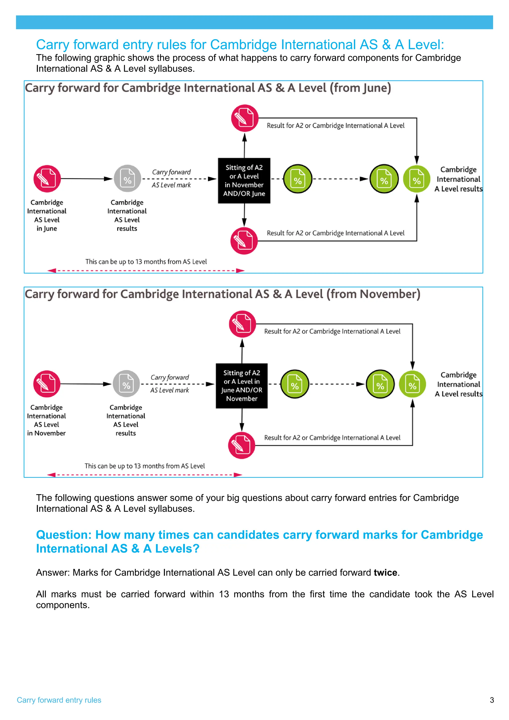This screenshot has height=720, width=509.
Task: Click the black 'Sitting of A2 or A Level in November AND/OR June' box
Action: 244,181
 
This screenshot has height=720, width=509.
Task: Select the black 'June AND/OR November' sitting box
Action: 242,386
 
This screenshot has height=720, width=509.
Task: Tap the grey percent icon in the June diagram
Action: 127,179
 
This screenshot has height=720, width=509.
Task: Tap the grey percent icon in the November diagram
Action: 126,384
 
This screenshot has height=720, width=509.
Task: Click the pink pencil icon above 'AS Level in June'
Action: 47,179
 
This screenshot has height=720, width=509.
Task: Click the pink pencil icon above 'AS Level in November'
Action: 47,384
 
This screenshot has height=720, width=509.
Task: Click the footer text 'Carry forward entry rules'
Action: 59,700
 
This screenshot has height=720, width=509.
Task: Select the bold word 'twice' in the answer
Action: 385,573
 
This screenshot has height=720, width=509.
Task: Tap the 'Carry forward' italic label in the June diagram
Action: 171,172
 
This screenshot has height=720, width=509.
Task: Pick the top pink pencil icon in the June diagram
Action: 245,118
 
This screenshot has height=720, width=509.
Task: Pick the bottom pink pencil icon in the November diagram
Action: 242,445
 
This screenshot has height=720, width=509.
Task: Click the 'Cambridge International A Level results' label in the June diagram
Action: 458,179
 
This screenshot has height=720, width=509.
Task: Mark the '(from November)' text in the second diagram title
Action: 373,294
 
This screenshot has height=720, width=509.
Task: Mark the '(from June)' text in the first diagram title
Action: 360,88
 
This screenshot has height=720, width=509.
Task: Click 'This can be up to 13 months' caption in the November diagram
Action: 145,466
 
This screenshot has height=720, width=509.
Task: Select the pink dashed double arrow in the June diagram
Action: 146,271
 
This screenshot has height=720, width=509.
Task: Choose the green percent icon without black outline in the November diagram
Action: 412,384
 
